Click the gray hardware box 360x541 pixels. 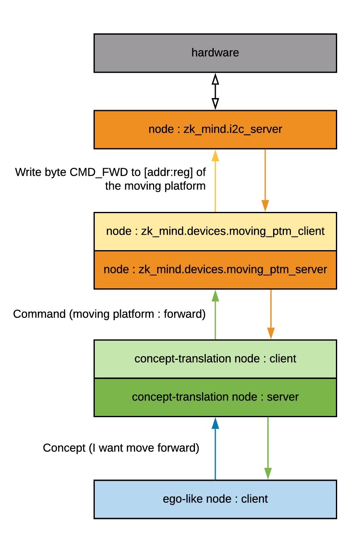(x=215, y=53)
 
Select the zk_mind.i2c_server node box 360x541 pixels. (x=215, y=130)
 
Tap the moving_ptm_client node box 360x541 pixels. (x=215, y=231)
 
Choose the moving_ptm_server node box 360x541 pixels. (x=215, y=270)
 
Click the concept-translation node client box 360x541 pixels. (x=215, y=359)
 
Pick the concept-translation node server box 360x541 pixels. (x=215, y=397)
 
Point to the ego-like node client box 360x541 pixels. (x=215, y=499)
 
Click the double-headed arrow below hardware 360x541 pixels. (x=215, y=91)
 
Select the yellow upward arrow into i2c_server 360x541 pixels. (x=215, y=181)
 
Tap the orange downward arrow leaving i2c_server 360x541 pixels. (x=265, y=180)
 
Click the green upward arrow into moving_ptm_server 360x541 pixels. (x=215, y=315)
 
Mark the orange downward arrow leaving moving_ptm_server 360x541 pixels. (x=271, y=314)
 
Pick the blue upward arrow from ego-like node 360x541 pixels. (x=215, y=449)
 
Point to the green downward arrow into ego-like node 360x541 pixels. (x=268, y=448)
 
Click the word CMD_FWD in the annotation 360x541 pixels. (x=99, y=172)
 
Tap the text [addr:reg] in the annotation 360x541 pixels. (x=168, y=172)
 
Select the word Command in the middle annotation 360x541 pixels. (x=39, y=314)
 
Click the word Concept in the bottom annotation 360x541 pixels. (x=64, y=448)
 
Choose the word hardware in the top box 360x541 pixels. (x=215, y=53)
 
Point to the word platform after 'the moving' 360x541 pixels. (x=185, y=186)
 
